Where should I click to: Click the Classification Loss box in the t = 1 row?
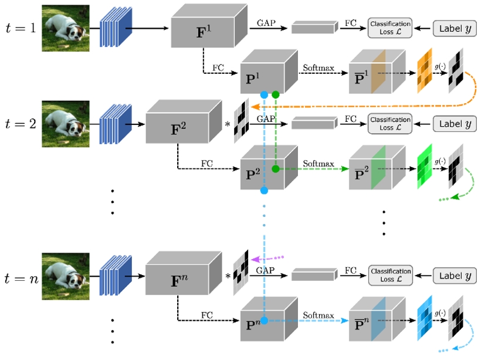pos(390,28)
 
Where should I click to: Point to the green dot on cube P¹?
pos(275,94)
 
